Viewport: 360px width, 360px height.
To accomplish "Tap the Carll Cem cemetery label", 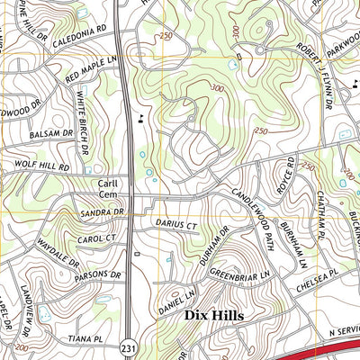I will [x=107, y=188].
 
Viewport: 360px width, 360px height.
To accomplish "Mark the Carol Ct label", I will [x=100, y=238].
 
